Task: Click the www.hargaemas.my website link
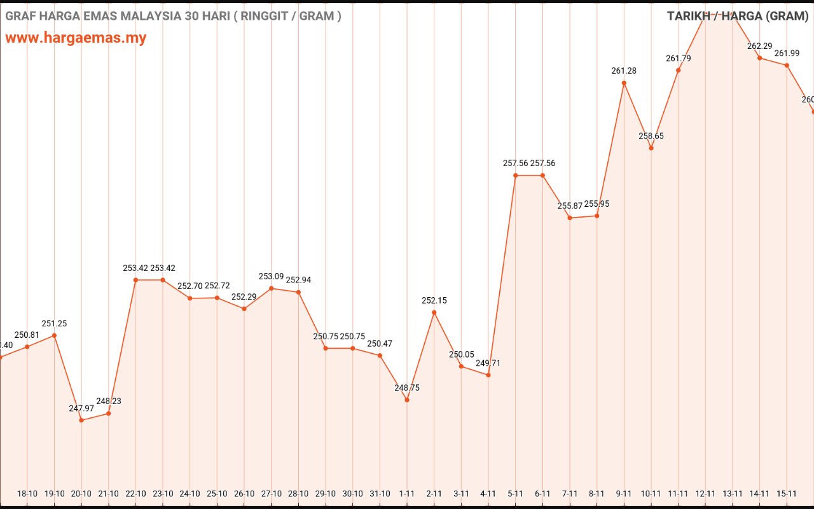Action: [76, 38]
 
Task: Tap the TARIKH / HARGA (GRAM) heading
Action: [737, 16]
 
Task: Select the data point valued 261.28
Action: [624, 83]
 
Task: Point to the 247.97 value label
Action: [81, 408]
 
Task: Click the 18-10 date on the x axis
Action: [27, 494]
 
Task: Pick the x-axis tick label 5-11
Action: [515, 494]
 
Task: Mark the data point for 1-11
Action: [407, 400]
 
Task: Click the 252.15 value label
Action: [434, 300]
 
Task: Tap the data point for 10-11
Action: [651, 148]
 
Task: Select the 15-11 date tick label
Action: [787, 494]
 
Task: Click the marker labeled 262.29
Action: [759, 58]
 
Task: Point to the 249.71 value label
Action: [488, 363]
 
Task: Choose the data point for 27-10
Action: [272, 288]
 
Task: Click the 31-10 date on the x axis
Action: [380, 494]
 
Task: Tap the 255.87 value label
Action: [570, 206]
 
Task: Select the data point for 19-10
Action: [55, 335]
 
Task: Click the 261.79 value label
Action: [679, 59]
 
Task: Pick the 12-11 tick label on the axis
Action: [705, 494]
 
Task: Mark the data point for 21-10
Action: [109, 414]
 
